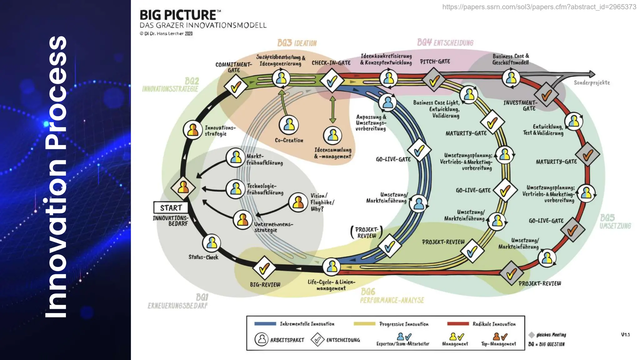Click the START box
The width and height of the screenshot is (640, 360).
(x=171, y=207)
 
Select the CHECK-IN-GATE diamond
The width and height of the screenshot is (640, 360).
(x=332, y=81)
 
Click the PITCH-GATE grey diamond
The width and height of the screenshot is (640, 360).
(x=434, y=80)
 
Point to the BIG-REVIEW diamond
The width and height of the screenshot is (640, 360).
(x=264, y=268)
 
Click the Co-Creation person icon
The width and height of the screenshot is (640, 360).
(x=289, y=125)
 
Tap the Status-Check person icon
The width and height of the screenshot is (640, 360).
(x=212, y=243)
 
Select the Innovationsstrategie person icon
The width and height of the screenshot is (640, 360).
(x=192, y=130)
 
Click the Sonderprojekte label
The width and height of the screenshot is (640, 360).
(x=592, y=83)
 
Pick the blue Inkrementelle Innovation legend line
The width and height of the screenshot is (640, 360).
(x=265, y=324)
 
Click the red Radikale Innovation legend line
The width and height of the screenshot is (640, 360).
(x=458, y=324)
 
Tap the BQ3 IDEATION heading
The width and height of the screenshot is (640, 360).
(x=297, y=43)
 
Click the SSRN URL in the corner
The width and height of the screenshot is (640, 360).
(x=539, y=7)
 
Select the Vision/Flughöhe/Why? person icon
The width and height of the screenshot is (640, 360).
(x=298, y=202)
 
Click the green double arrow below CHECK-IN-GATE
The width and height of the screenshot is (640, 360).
(x=333, y=110)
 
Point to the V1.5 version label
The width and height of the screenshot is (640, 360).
(x=625, y=335)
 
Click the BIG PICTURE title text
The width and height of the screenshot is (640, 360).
(x=177, y=15)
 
